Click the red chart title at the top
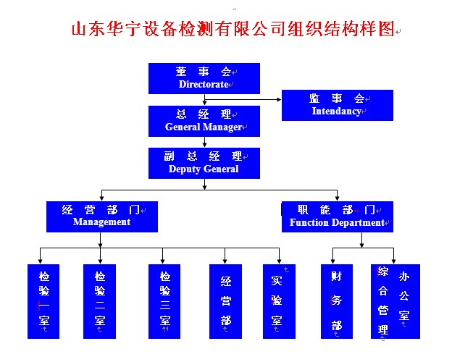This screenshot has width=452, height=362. (233, 29)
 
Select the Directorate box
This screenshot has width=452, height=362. (204, 78)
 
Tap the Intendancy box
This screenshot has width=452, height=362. (337, 105)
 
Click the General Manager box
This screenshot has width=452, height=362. (204, 121)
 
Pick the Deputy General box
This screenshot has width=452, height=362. (204, 163)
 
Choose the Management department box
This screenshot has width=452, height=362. (101, 216)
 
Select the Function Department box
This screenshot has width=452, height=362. (337, 216)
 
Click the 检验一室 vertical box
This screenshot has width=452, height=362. (43, 301)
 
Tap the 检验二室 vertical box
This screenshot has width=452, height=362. (99, 301)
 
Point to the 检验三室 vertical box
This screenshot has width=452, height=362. (164, 301)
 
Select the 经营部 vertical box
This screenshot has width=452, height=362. (225, 301)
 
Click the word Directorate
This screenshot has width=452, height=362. (204, 85)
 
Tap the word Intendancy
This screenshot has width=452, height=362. (337, 111)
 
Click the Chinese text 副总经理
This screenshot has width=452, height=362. (204, 156)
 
